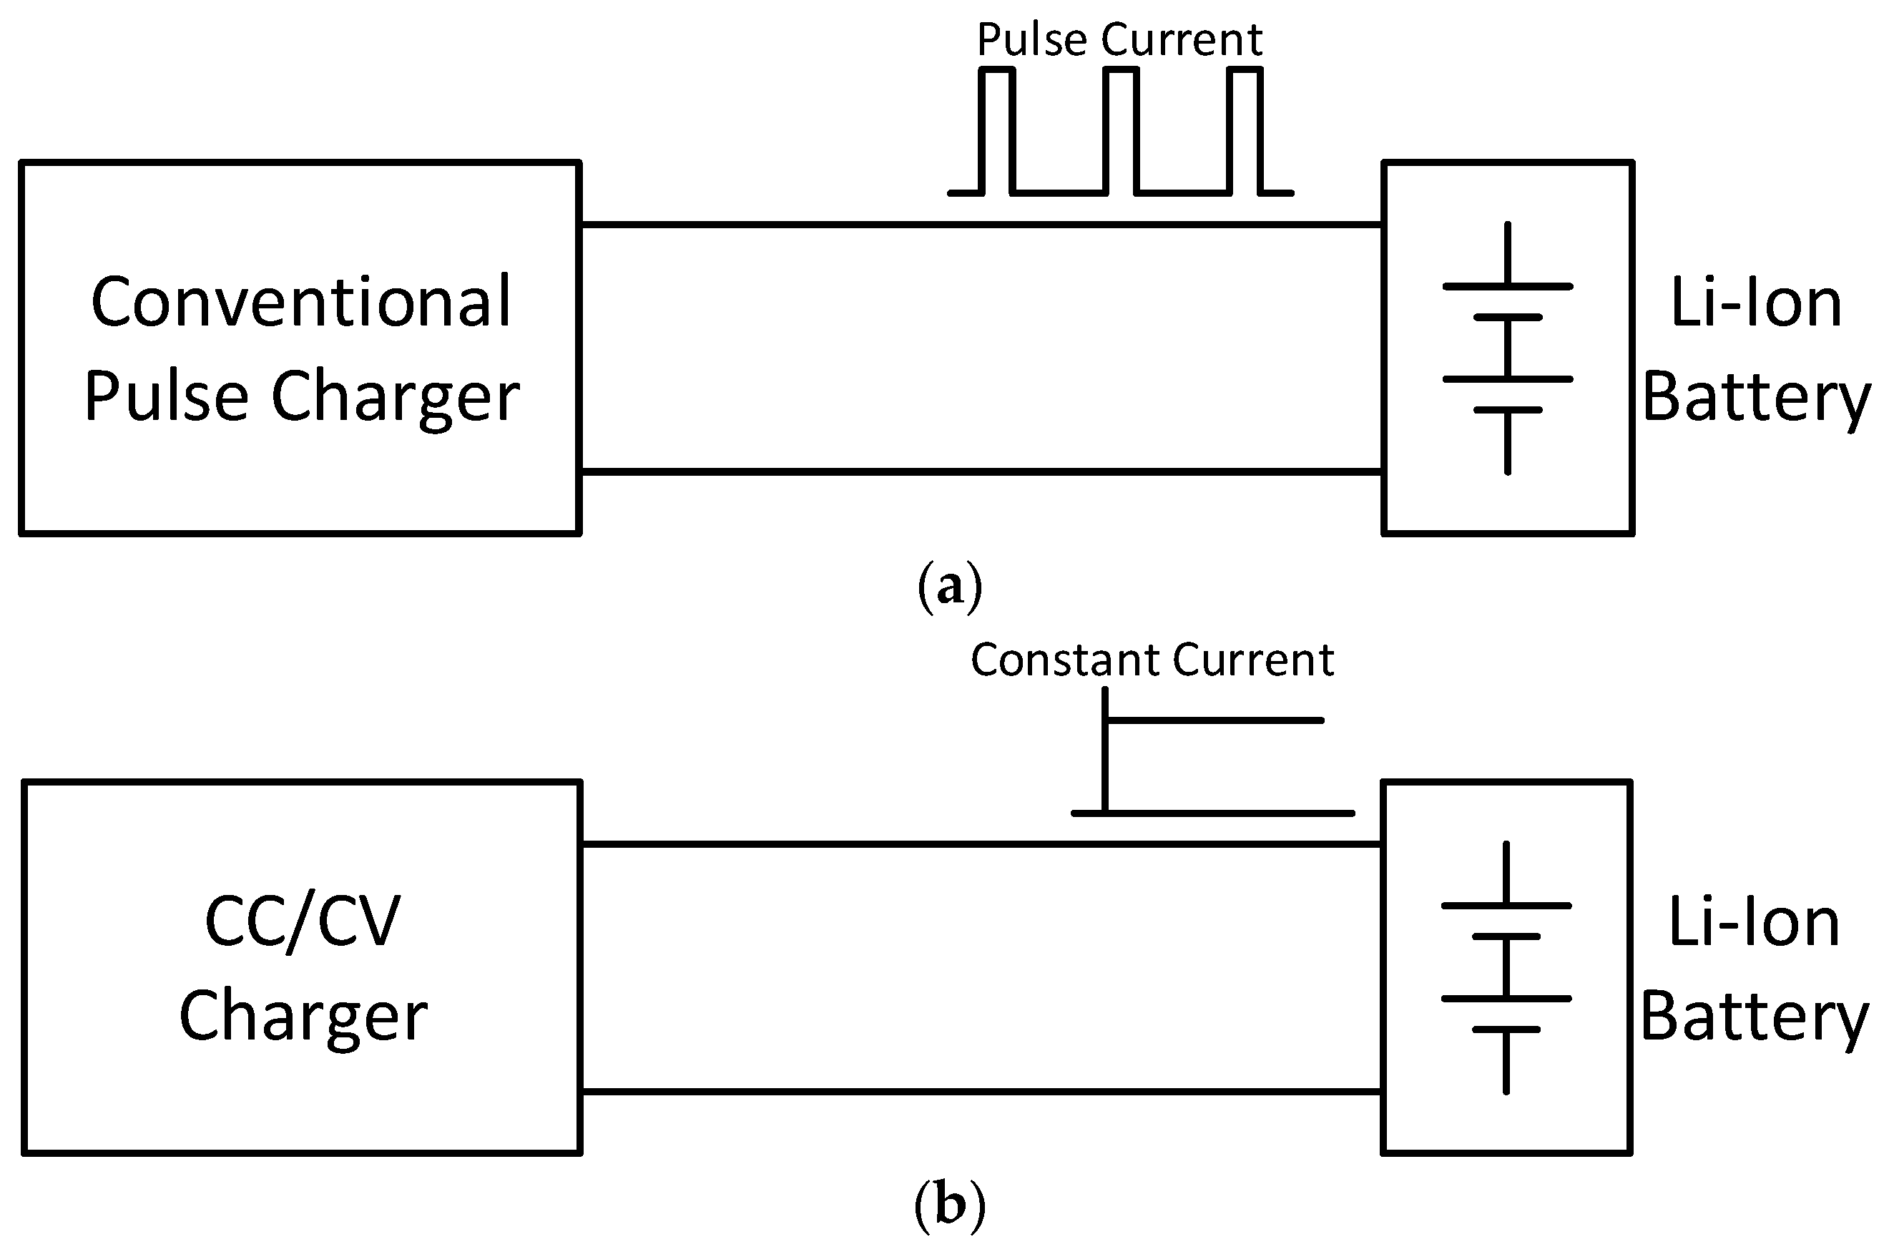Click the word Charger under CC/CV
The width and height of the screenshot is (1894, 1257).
pyautogui.click(x=303, y=1017)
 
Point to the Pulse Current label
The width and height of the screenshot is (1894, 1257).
pyautogui.click(x=1119, y=40)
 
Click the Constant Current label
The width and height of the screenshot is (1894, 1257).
pyautogui.click(x=1152, y=660)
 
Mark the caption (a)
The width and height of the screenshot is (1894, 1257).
pyautogui.click(x=949, y=587)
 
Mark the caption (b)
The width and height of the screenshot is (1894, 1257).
pyautogui.click(x=949, y=1205)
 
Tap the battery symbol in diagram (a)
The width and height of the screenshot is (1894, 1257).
pyautogui.click(x=1507, y=348)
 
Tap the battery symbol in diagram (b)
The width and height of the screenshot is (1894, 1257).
pyautogui.click(x=1506, y=967)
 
